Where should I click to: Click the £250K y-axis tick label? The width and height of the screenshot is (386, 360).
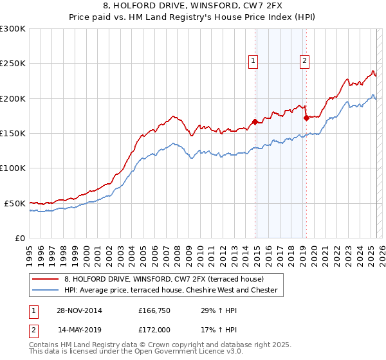13,64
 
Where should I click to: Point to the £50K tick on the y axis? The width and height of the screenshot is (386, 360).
15,203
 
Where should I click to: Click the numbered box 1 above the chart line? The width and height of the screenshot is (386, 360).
253,62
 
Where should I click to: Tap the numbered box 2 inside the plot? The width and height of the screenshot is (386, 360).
304,62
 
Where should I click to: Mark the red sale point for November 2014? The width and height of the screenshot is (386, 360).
255,121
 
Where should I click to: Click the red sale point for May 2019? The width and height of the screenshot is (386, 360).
306,118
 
